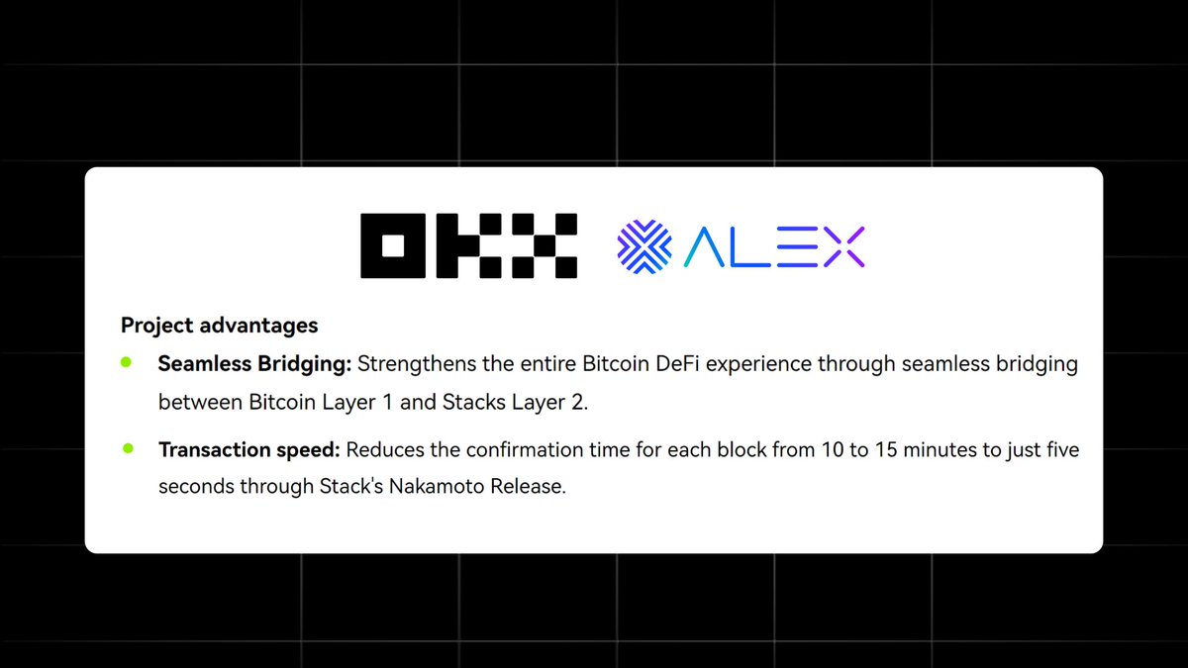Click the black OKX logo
coord(468,245)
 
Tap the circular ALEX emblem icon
coord(644,245)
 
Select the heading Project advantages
coord(219,325)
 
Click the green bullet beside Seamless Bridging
coord(126,363)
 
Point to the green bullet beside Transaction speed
coord(127,449)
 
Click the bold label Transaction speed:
coord(248,450)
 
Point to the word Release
coord(530,488)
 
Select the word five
coord(1059,450)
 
